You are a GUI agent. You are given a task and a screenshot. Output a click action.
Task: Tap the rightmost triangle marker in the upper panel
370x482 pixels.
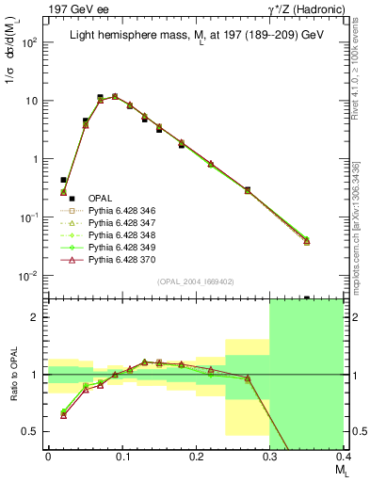point(332,241)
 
